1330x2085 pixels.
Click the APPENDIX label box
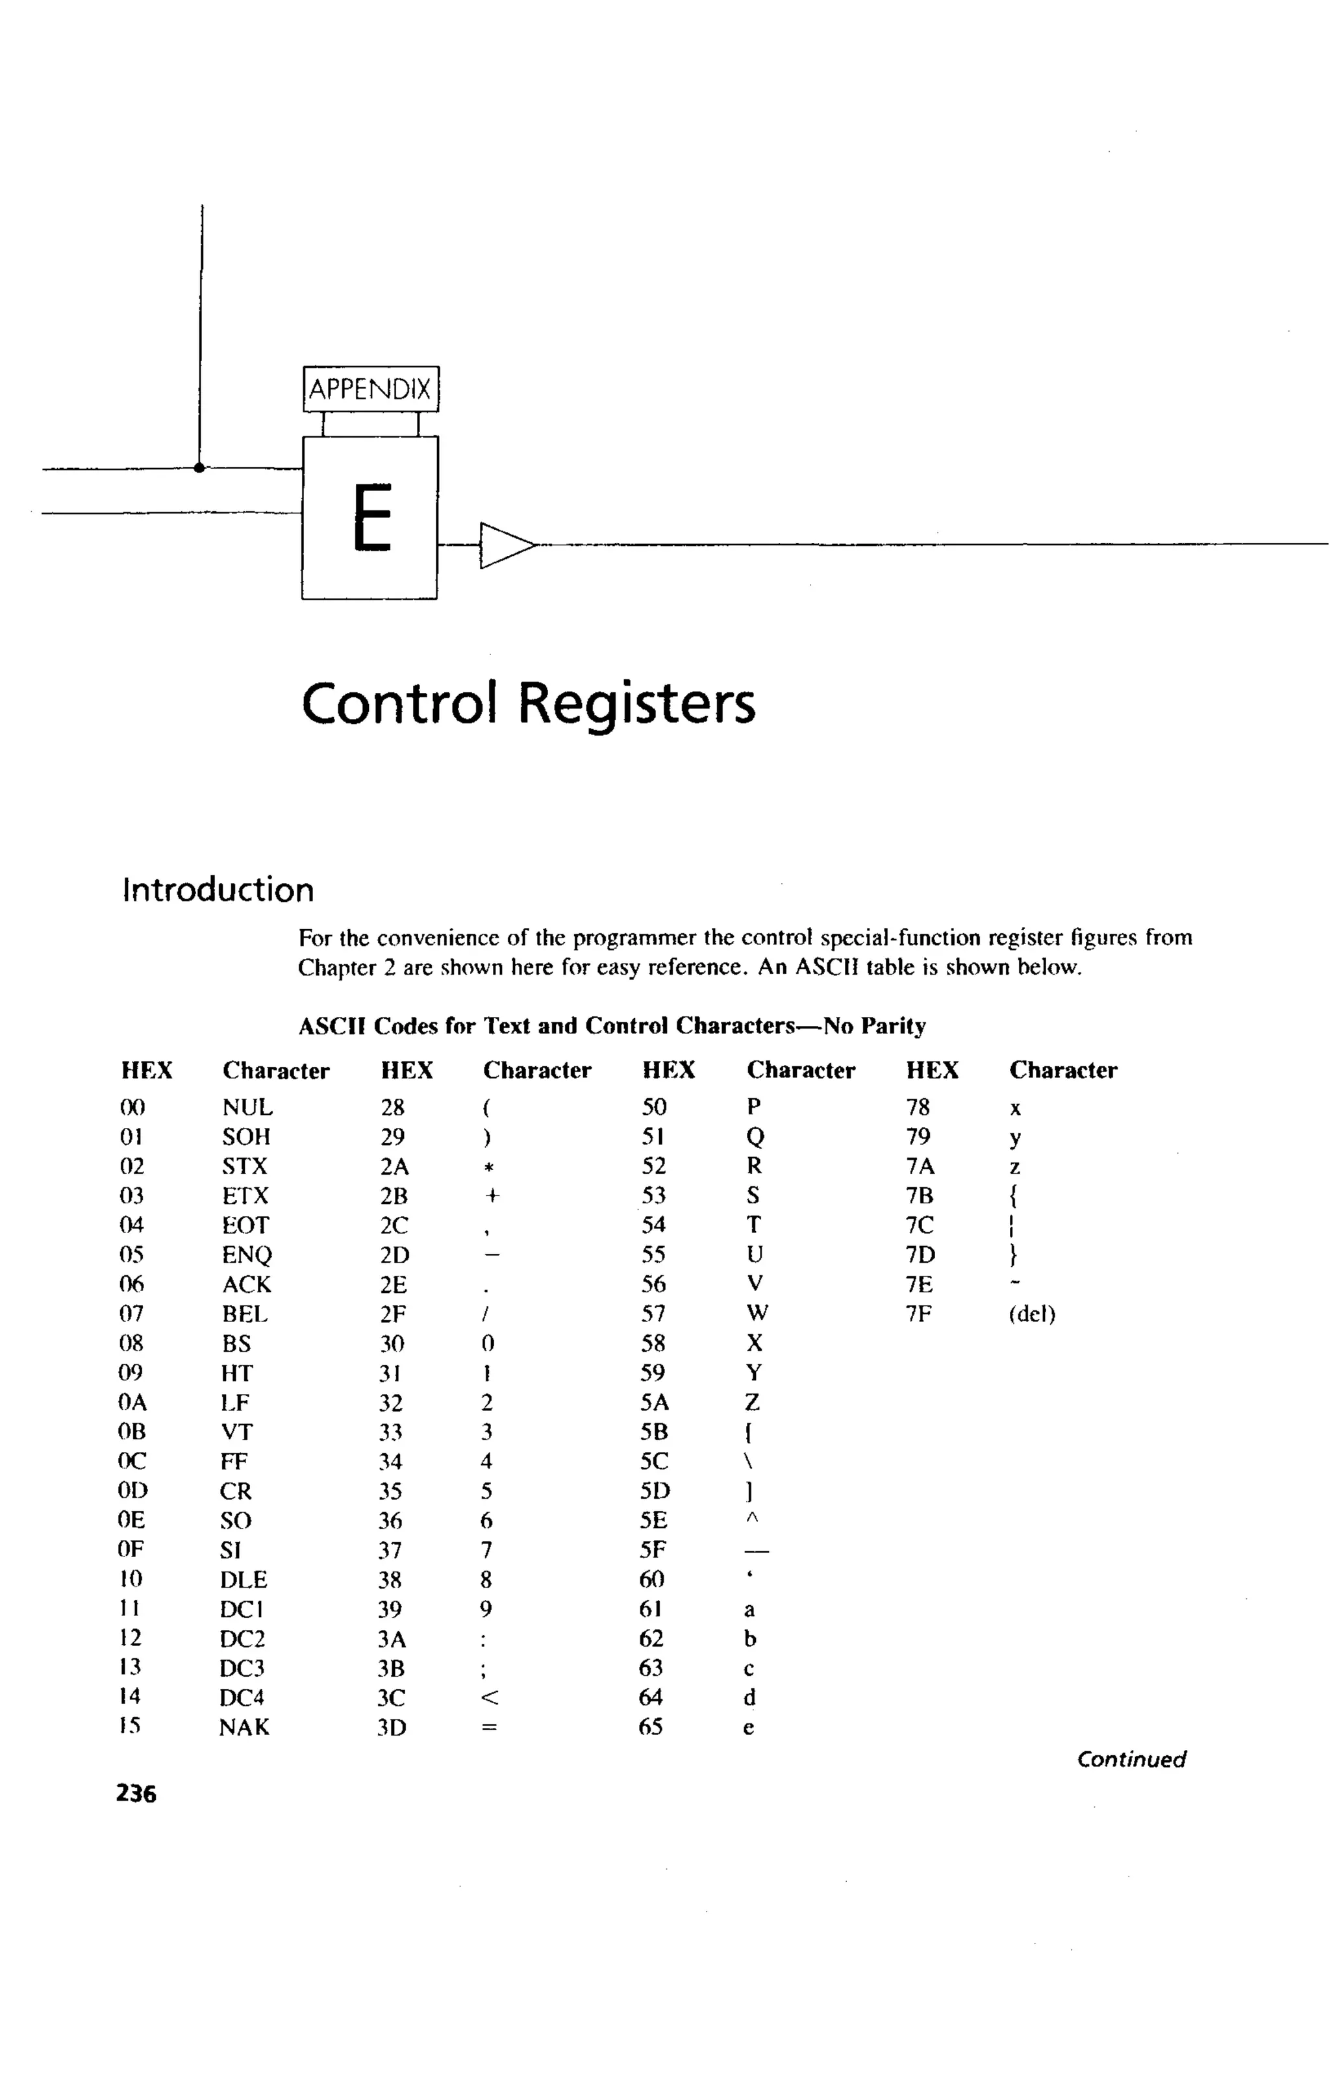click(371, 389)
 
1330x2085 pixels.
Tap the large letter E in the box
click(372, 517)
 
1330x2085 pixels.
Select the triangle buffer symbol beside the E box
click(506, 545)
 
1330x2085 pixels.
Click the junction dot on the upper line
click(199, 468)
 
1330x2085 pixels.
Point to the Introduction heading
click(218, 890)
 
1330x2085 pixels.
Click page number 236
click(136, 1793)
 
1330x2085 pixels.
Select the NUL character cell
click(247, 1108)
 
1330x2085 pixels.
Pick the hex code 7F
click(919, 1314)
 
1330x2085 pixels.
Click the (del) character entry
click(1032, 1314)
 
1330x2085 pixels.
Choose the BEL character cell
click(245, 1314)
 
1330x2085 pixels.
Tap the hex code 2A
click(394, 1166)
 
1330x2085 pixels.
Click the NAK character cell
click(244, 1727)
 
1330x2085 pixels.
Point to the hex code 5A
click(655, 1402)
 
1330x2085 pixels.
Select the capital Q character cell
click(755, 1137)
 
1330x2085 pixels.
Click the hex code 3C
click(392, 1698)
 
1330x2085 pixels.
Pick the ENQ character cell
click(247, 1255)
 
